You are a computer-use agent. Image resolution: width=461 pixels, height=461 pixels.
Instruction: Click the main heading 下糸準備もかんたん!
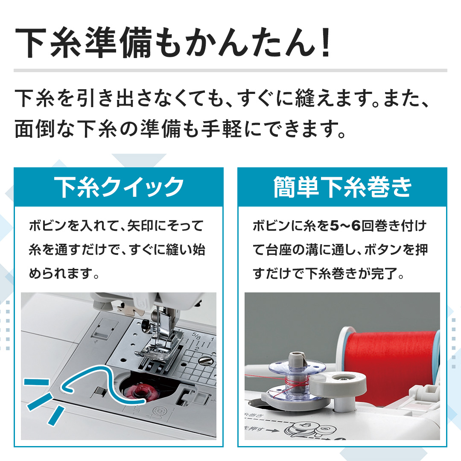click(x=173, y=43)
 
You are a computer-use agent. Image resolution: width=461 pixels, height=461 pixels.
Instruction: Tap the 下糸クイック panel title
click(x=119, y=187)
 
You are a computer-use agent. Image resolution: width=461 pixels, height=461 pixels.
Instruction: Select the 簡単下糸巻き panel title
click(x=342, y=187)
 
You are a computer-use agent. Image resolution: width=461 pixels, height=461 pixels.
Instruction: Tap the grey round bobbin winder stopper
click(x=338, y=382)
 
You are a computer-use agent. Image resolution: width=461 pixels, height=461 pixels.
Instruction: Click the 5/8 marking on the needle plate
click(x=197, y=335)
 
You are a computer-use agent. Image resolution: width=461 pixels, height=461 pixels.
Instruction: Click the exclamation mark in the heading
click(x=325, y=43)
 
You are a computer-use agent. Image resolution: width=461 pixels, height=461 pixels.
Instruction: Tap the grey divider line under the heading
click(x=230, y=70)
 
